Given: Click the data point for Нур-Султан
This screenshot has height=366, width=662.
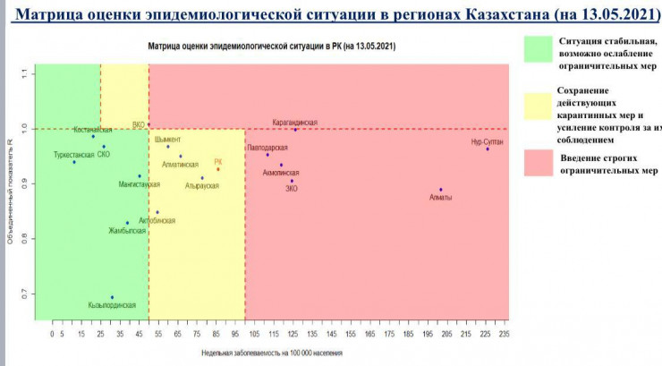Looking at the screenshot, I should tap(488, 149).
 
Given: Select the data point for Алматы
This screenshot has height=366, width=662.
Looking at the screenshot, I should tap(441, 190).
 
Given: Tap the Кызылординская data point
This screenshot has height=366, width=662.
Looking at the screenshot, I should tap(112, 297).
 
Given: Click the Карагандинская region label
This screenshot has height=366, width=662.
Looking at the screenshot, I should tap(295, 123).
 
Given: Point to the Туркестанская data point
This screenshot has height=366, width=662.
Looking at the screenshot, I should tap(74, 162).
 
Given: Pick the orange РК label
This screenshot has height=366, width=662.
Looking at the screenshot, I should tap(217, 162).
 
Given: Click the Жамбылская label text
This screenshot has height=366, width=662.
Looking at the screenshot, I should tap(127, 231).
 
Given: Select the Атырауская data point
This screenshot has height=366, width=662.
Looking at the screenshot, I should tap(202, 178).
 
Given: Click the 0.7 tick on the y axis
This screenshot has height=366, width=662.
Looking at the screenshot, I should tap(26, 294).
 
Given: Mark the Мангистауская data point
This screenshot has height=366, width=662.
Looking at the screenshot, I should tap(140, 176).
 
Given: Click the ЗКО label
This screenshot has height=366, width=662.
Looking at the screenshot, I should tap(292, 189).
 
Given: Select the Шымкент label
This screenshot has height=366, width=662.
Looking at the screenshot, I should tap(167, 140).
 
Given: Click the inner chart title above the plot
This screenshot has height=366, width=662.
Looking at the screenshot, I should tap(272, 45).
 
